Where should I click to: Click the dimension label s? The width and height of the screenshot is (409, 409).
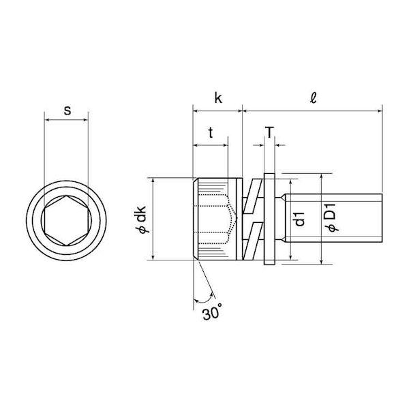(67, 110)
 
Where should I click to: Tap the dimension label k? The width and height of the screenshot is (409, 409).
(218, 98)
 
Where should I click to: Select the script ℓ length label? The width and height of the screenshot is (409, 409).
(313, 98)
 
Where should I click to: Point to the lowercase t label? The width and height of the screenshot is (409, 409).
(211, 133)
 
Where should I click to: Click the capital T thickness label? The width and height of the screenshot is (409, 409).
(269, 132)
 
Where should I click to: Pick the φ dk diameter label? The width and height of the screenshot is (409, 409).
(142, 219)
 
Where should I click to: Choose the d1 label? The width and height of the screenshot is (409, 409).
(300, 219)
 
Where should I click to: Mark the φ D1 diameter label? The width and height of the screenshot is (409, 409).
(333, 219)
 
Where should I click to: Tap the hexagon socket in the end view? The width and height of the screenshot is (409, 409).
(67, 220)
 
